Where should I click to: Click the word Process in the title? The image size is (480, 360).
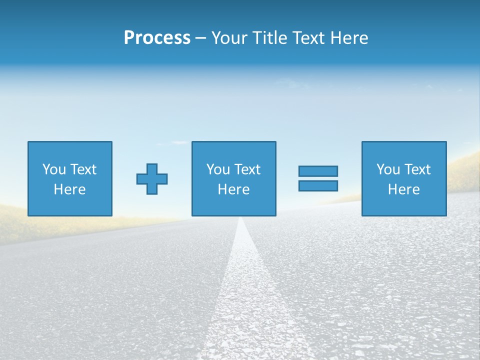click(157, 38)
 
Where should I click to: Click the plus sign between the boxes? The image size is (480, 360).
click(152, 179)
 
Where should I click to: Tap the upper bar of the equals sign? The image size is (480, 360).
click(318, 171)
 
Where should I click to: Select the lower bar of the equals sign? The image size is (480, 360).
click(318, 185)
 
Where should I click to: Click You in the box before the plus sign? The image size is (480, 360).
click(54, 169)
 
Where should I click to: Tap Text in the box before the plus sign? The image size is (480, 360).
click(83, 169)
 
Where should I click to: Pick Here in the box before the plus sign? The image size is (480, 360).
click(69, 189)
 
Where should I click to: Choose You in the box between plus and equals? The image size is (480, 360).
click(218, 169)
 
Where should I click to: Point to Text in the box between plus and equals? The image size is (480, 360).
click(247, 169)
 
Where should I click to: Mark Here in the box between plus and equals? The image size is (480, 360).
click(233, 189)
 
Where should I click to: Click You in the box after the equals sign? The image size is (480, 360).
click(388, 169)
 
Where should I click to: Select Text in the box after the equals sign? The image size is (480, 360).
click(417, 169)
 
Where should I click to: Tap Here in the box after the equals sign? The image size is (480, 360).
click(403, 189)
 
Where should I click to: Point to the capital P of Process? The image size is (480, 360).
click(129, 38)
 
